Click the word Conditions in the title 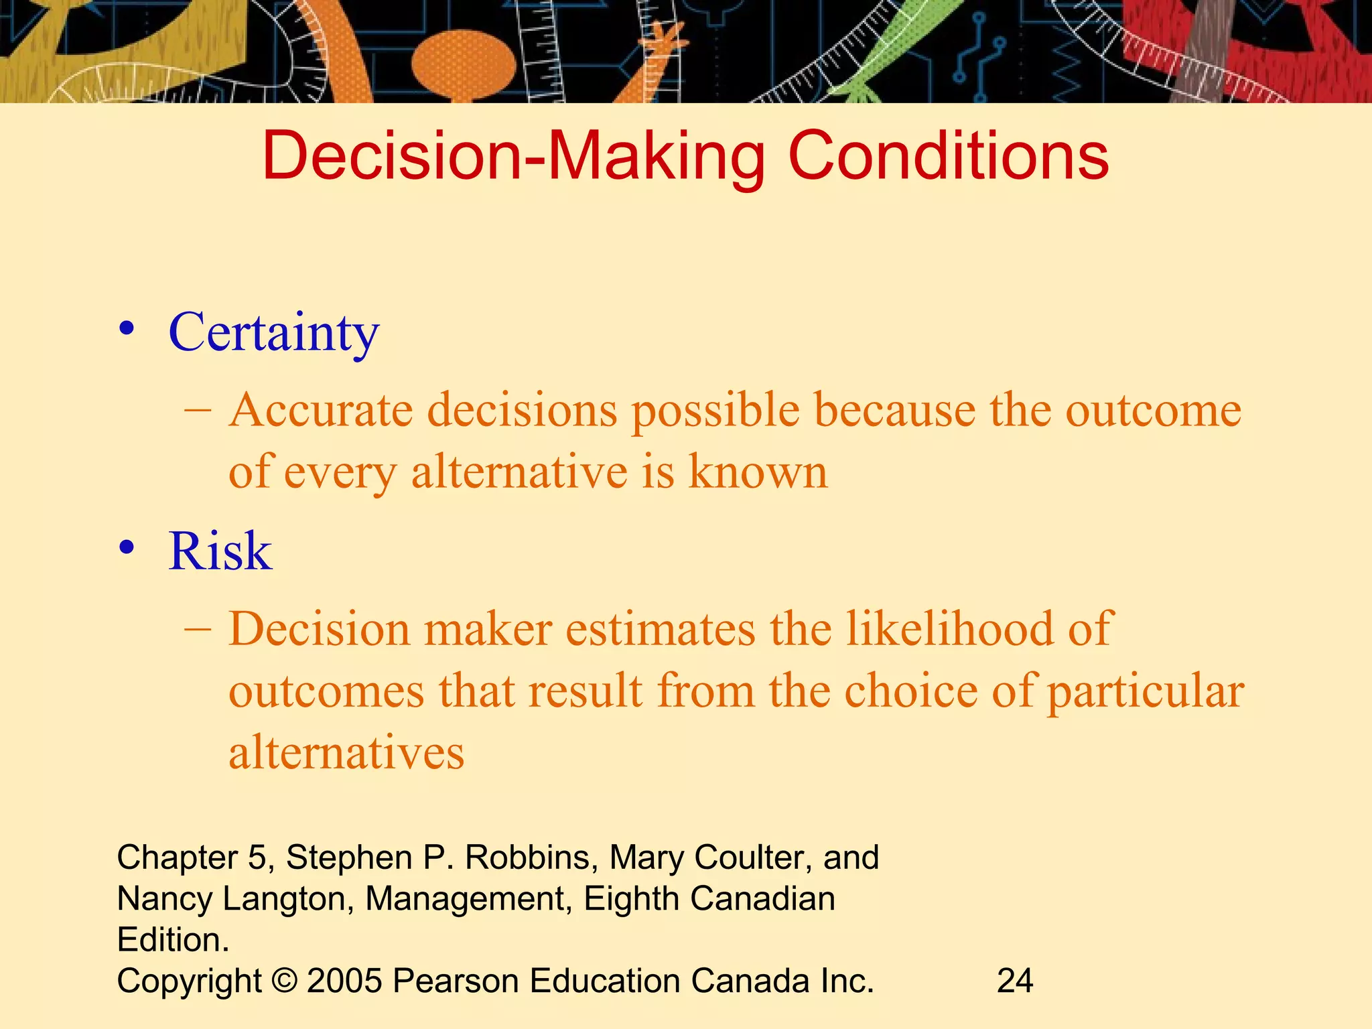tap(948, 155)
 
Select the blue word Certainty tap(273, 333)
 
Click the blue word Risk tap(220, 551)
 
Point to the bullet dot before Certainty tap(127, 330)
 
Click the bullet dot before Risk tap(127, 548)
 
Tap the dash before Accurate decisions tap(198, 409)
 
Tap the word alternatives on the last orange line tap(346, 752)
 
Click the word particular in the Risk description tap(1145, 692)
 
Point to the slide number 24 tap(1015, 981)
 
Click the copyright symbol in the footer tap(285, 981)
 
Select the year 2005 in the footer tap(344, 981)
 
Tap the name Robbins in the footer tap(527, 857)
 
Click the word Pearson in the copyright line tap(456, 981)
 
